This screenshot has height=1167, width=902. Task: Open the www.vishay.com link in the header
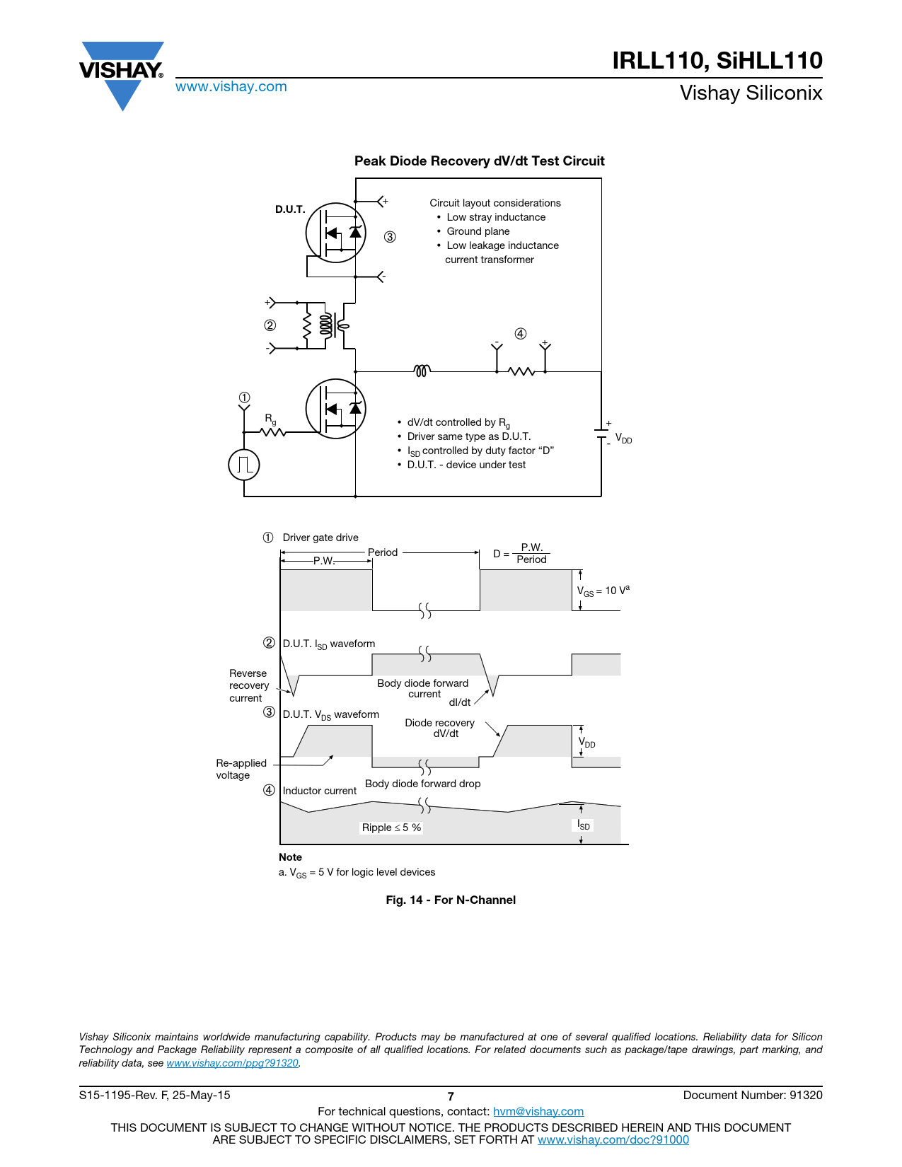231,86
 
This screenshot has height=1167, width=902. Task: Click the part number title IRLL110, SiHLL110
717,60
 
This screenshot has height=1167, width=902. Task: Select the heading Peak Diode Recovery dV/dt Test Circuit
479,161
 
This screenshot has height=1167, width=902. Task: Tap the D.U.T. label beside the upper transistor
290,209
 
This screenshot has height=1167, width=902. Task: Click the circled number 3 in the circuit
390,237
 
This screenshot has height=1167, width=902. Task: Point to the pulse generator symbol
244,465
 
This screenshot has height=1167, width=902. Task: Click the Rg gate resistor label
270,419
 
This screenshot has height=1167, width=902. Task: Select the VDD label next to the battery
623,438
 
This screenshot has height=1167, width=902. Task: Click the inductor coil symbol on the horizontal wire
422,371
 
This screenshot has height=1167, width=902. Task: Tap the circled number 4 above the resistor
521,334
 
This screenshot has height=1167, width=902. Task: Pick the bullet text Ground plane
478,231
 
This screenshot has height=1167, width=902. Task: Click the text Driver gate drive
320,538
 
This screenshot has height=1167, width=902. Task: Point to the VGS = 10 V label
603,591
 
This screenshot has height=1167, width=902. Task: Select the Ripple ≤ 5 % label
391,828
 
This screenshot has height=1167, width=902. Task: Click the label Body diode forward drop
423,784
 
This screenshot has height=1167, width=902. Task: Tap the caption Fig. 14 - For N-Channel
451,900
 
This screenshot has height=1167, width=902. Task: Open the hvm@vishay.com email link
538,1111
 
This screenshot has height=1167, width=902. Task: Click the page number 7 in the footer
451,1096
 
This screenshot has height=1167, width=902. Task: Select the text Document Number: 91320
753,1095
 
